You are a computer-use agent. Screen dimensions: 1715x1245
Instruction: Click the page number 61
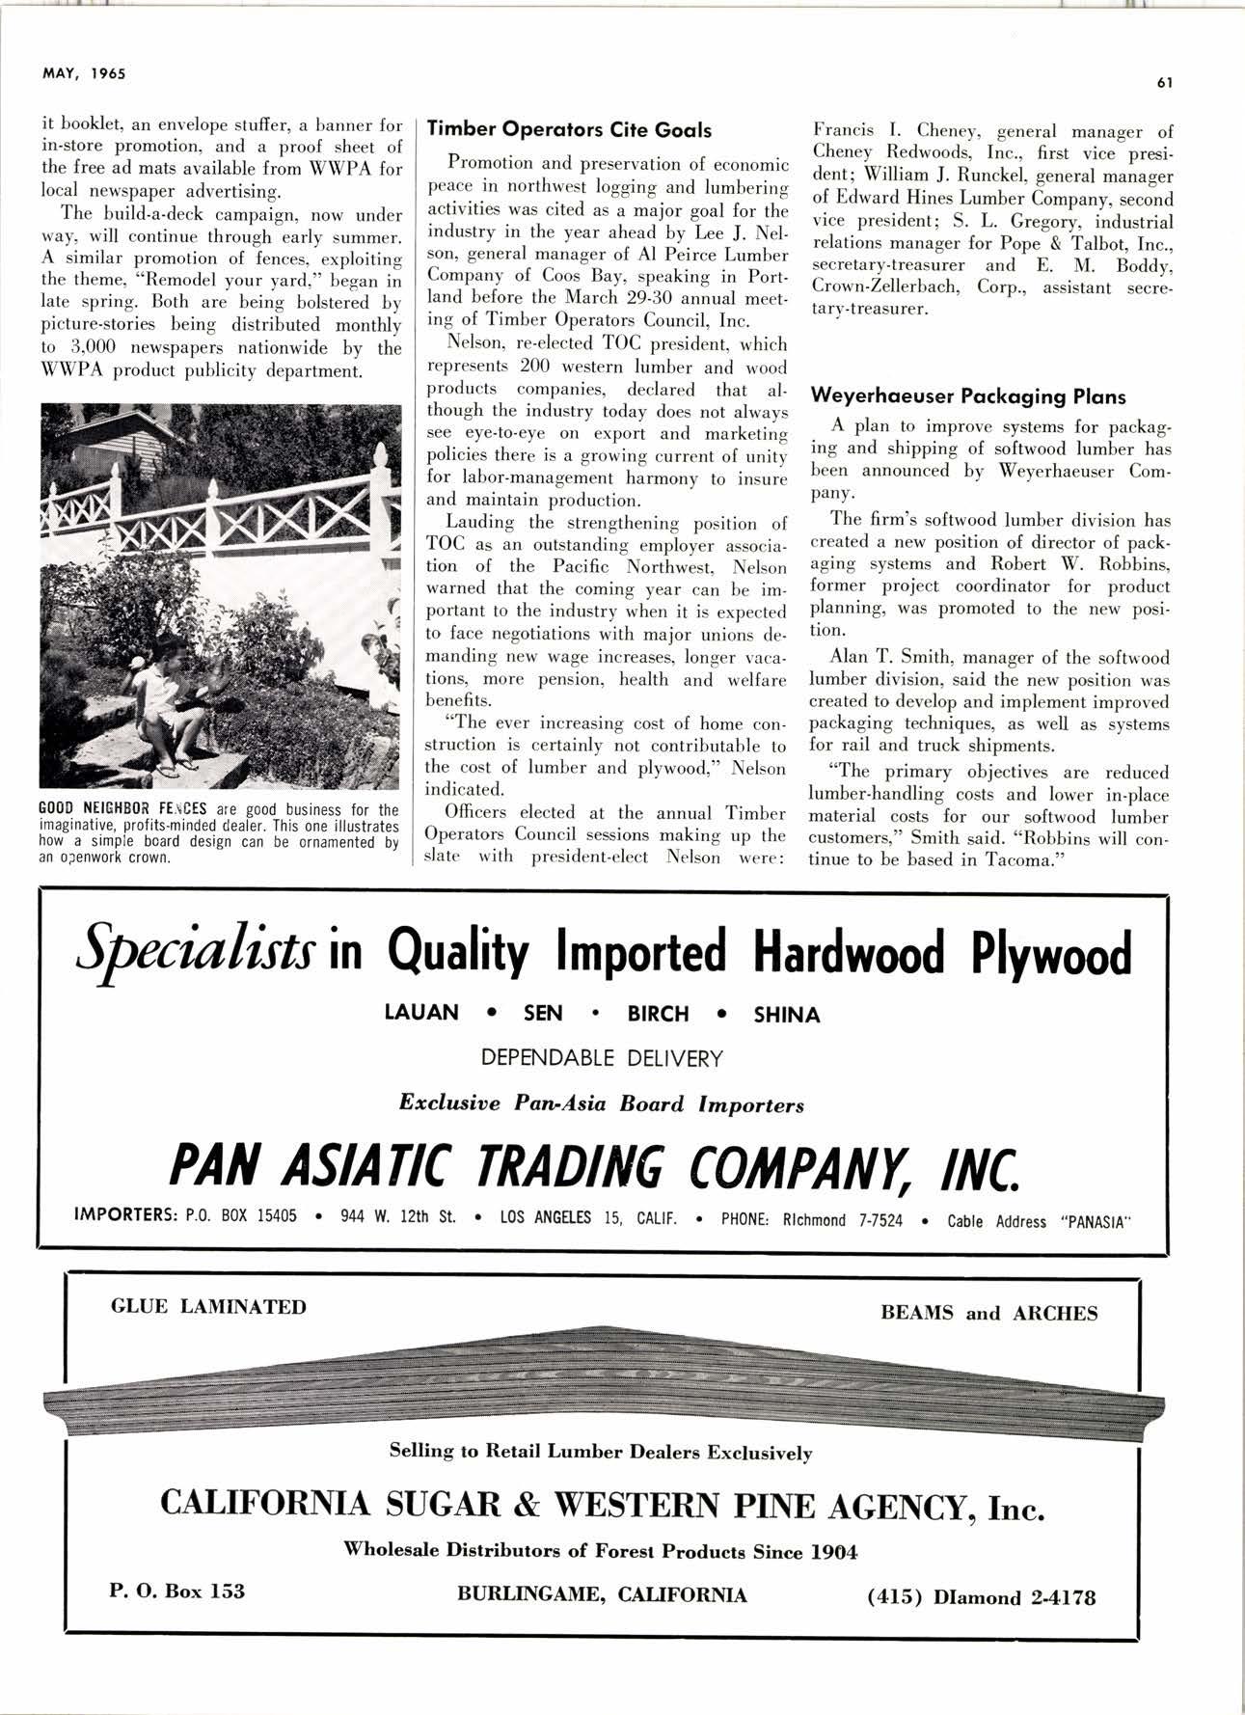pos(1163,82)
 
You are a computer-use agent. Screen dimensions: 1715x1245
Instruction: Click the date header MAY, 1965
pos(84,73)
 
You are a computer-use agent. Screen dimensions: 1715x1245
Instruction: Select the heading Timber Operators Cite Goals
pos(569,130)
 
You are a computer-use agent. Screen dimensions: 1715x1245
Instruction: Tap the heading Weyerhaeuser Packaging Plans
pos(968,396)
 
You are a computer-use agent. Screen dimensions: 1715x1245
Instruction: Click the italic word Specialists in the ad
pos(197,950)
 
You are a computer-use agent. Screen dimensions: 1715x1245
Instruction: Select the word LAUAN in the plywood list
pos(421,1013)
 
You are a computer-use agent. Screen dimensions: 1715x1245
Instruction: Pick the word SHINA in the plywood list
pos(786,1015)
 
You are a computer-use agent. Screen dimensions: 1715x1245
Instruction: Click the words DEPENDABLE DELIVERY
pos(602,1058)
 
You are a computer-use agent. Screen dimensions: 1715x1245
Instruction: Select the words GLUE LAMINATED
pos(208,1307)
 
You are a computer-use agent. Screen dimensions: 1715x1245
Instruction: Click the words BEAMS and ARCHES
pos(988,1314)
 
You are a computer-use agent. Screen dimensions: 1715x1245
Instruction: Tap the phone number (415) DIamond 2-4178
pos(982,1597)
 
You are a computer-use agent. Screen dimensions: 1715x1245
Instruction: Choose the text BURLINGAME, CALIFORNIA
pos(602,1593)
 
